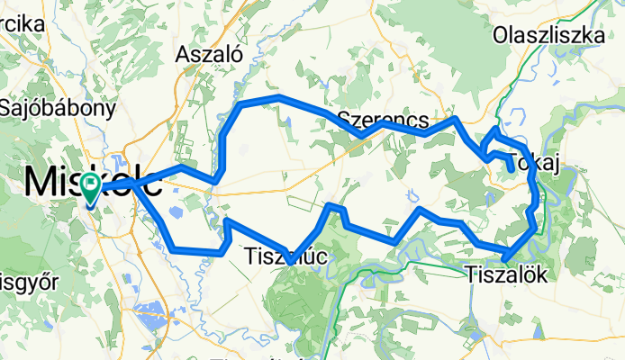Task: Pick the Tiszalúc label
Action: (x=286, y=258)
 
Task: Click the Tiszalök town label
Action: (x=507, y=273)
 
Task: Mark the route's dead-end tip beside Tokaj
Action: (x=512, y=168)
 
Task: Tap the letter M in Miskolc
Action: (x=41, y=182)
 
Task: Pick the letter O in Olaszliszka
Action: (x=501, y=35)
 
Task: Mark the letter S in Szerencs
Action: (x=345, y=119)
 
